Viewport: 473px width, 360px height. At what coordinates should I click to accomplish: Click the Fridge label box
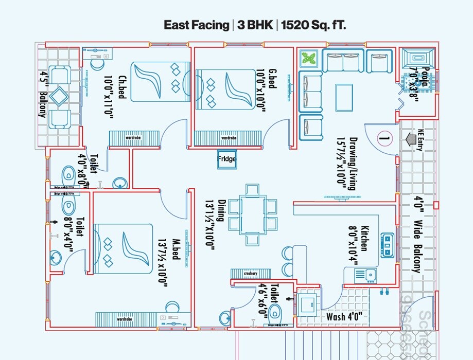tap(226, 159)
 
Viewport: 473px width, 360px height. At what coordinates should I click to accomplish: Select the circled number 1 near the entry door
tap(384, 137)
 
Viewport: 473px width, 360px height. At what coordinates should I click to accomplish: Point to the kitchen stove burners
tap(387, 245)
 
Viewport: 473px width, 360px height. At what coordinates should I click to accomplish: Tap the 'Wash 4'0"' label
tap(344, 316)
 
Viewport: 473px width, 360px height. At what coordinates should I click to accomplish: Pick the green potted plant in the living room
tap(309, 58)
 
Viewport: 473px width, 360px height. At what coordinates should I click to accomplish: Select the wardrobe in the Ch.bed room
tap(133, 138)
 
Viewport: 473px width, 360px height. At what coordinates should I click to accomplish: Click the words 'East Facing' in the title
tap(196, 25)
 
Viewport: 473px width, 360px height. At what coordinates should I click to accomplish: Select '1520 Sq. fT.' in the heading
tap(314, 25)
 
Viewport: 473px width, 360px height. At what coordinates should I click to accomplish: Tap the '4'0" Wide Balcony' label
tap(419, 234)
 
